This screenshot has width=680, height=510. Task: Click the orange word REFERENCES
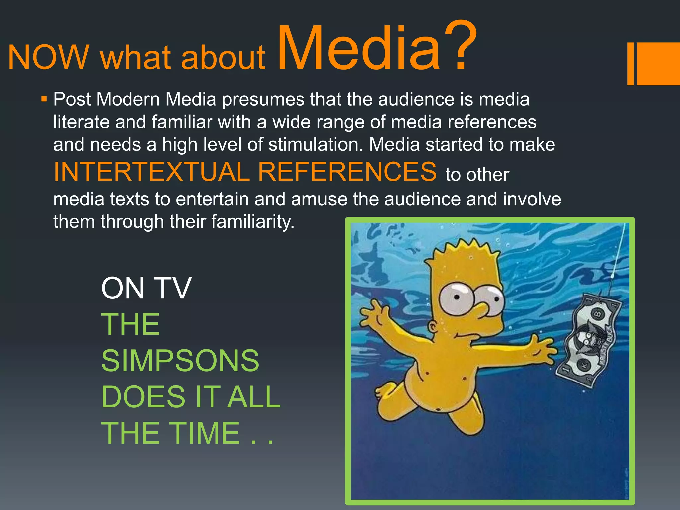point(347,172)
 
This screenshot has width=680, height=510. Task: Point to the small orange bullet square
point(44,99)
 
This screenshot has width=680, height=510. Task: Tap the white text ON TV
point(146,288)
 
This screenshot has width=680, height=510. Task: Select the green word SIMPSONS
point(180,361)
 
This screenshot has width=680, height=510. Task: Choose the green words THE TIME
point(171,433)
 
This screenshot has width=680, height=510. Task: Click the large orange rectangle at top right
point(658,63)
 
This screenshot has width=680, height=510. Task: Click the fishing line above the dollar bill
point(619,252)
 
